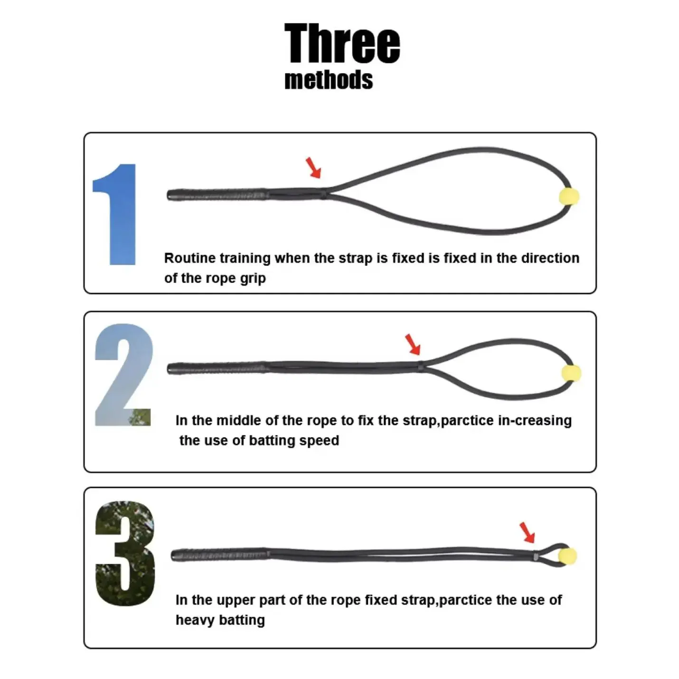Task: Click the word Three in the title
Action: (342, 43)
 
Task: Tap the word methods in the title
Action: (329, 80)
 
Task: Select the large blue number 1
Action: (114, 214)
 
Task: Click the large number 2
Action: (123, 375)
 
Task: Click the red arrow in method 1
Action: (313, 167)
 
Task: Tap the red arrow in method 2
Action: (413, 344)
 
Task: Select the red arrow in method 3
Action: (528, 533)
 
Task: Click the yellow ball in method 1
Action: (569, 196)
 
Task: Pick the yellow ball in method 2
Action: (571, 373)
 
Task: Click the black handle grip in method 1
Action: (217, 195)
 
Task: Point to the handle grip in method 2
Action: (217, 368)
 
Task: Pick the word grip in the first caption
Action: (253, 279)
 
